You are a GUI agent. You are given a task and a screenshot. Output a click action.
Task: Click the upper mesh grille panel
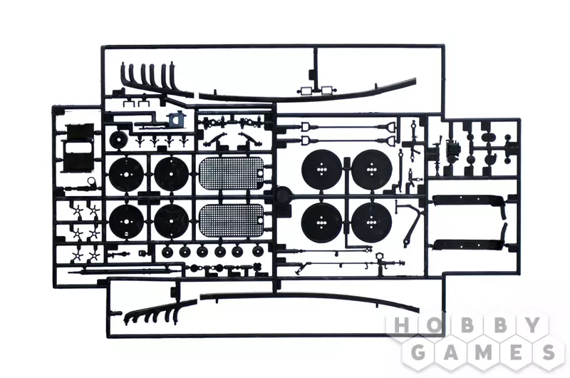(x=232, y=173)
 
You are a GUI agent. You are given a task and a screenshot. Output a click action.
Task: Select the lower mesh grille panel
(x=232, y=220)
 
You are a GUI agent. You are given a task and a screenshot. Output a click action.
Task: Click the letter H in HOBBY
(x=402, y=326)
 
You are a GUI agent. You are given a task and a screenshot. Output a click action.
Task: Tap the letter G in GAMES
(x=420, y=352)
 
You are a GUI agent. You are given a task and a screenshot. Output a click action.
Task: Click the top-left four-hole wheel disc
(x=321, y=170)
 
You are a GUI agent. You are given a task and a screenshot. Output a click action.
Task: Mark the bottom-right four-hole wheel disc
(x=371, y=222)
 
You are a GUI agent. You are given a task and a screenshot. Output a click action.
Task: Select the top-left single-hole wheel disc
(x=127, y=174)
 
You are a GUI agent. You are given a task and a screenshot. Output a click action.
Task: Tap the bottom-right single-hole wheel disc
(x=172, y=221)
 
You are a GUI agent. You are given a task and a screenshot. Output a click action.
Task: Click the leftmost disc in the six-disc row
(x=167, y=251)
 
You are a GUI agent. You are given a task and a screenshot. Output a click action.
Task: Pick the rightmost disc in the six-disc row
(x=258, y=250)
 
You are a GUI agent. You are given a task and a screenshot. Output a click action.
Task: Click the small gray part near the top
(x=175, y=119)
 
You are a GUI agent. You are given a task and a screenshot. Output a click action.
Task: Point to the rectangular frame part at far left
(x=79, y=148)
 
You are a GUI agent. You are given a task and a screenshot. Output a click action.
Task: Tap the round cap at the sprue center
(x=283, y=195)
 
